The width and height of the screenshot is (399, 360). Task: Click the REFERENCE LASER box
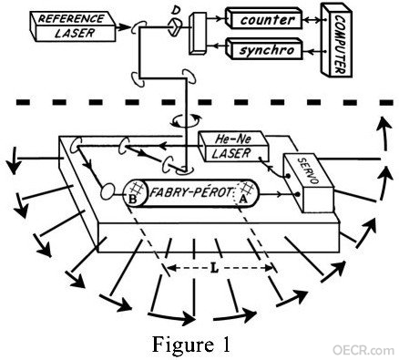click(x=73, y=26)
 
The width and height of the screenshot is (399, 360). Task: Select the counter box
click(x=263, y=19)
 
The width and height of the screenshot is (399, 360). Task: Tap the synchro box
click(x=265, y=48)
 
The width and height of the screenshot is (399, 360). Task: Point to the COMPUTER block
click(x=336, y=39)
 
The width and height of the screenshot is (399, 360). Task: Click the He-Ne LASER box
click(x=233, y=147)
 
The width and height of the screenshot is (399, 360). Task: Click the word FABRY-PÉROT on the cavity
click(x=191, y=192)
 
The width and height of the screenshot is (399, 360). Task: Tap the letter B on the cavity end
click(x=132, y=199)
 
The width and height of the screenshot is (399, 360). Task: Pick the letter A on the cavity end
click(x=242, y=199)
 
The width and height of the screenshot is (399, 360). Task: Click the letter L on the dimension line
click(x=214, y=268)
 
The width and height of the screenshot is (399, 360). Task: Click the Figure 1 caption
click(x=191, y=345)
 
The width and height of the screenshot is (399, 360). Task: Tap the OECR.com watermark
click(x=363, y=350)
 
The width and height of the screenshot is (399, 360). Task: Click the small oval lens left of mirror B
click(x=107, y=191)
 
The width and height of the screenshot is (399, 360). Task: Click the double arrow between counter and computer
click(x=312, y=20)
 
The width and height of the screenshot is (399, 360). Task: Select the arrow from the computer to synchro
click(x=312, y=51)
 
